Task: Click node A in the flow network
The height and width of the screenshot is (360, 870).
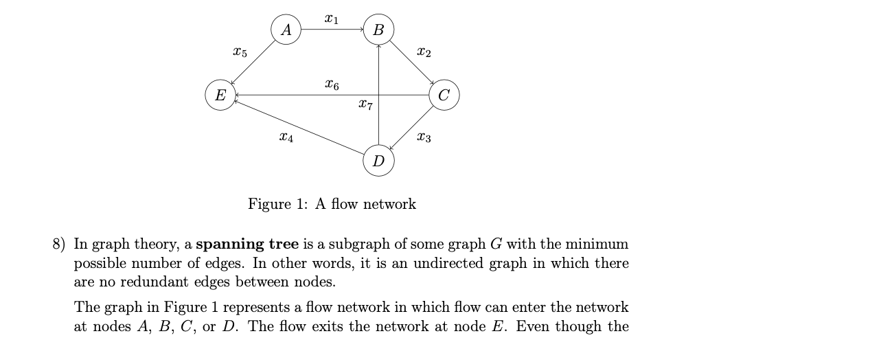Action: (x=286, y=30)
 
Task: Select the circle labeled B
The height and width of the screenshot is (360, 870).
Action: (x=378, y=30)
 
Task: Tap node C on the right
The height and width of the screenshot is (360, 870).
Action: (x=444, y=95)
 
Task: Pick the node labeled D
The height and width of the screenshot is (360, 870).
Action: (x=378, y=161)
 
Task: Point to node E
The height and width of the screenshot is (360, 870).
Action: (x=220, y=95)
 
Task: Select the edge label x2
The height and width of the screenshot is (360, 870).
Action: (x=424, y=52)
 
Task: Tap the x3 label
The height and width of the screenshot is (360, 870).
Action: (x=424, y=138)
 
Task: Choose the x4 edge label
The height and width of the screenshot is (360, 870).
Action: (x=286, y=138)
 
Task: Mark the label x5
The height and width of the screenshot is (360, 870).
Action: (x=240, y=52)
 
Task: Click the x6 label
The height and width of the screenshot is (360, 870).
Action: (x=331, y=85)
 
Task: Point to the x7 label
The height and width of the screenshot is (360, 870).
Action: (x=365, y=106)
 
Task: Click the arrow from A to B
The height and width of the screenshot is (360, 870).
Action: (x=332, y=30)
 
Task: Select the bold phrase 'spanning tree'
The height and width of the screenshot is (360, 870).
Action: (x=247, y=244)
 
